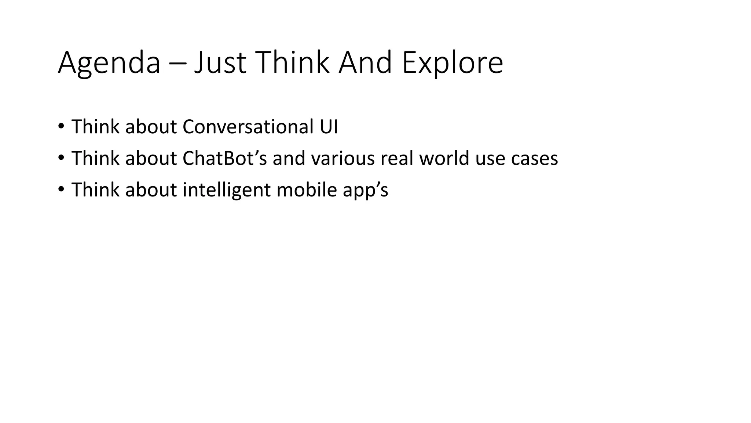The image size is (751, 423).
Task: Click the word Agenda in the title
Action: pyautogui.click(x=109, y=63)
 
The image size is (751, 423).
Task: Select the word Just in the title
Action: pyautogui.click(x=220, y=63)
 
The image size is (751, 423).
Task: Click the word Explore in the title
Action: pyautogui.click(x=452, y=63)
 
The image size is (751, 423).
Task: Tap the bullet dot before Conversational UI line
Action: pyautogui.click(x=61, y=126)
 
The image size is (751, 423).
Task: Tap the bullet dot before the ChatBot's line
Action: pyautogui.click(x=61, y=158)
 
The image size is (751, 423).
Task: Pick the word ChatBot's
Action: pyautogui.click(x=225, y=158)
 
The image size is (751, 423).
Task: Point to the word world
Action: pyautogui.click(x=444, y=158)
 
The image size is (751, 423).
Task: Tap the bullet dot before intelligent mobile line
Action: pyautogui.click(x=61, y=189)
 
